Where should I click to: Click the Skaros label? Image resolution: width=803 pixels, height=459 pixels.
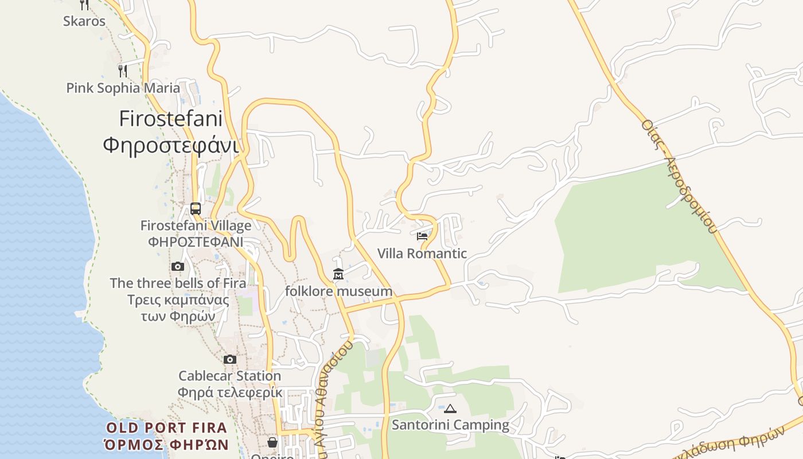click(84, 21)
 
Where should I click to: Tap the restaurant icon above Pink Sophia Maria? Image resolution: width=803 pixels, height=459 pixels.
click(122, 71)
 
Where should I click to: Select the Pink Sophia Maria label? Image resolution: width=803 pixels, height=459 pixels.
click(123, 88)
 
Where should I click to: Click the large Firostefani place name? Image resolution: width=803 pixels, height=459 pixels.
click(170, 119)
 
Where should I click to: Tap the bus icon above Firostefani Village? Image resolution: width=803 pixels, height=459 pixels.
click(196, 208)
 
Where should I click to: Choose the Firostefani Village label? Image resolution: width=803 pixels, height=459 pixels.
click(196, 225)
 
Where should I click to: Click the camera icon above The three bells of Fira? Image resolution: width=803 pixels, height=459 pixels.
click(177, 266)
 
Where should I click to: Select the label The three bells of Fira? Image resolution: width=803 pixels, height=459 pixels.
click(178, 283)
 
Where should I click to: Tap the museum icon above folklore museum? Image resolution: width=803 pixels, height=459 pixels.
click(338, 275)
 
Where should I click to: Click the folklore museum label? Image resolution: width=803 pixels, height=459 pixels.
click(338, 291)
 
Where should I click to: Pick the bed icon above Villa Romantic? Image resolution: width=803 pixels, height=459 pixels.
click(422, 236)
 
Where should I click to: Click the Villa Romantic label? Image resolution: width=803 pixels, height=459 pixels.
click(422, 253)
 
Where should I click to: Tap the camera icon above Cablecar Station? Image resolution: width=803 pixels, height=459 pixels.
click(229, 359)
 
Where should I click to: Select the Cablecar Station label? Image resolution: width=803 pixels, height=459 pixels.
click(229, 376)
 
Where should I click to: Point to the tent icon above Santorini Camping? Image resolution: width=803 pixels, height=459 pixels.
click(450, 409)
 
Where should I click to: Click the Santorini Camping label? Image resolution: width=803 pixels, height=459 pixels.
click(450, 425)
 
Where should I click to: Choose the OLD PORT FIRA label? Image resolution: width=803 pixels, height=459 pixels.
click(166, 428)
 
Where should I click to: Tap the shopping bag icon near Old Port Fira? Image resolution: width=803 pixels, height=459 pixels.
click(272, 442)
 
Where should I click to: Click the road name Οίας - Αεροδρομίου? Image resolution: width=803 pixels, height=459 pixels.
click(680, 176)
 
